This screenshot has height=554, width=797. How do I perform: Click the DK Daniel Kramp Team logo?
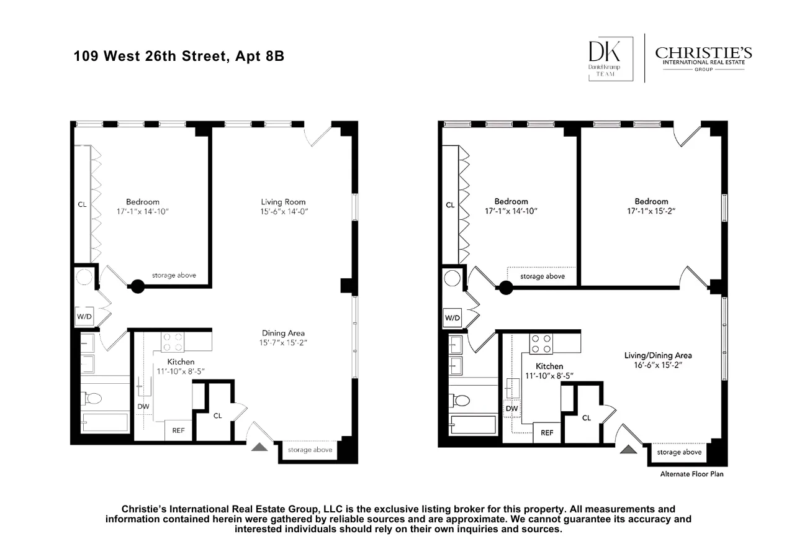pos(610,58)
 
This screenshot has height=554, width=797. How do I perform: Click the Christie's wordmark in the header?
pos(703,53)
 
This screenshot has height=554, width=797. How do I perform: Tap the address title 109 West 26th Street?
pos(179,56)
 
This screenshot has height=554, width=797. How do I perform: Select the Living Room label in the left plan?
pos(283,202)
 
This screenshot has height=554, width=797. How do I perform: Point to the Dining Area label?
pos(283,333)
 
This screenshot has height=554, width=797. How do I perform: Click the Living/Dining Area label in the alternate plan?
pos(658,355)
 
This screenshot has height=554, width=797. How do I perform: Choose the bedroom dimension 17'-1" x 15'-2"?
pos(651,211)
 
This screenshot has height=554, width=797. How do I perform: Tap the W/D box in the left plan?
pos(84,317)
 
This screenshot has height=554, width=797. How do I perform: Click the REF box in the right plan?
pos(547,433)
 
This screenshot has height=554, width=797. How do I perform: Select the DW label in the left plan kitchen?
pos(143,407)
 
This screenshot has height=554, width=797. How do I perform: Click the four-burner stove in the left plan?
pos(173,342)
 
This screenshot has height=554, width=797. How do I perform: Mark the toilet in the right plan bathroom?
pos(461,401)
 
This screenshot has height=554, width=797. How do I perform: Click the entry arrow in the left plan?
pos(260,445)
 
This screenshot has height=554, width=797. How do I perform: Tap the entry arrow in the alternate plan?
pos(629,450)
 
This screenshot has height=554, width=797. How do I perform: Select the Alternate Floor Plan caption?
pos(691,474)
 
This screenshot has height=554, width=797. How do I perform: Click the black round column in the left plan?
pos(137,286)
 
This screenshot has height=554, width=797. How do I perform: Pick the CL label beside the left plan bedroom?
pos(82,204)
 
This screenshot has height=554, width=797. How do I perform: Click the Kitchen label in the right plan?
pos(549,366)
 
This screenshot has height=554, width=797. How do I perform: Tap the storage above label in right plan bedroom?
pos(543,276)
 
